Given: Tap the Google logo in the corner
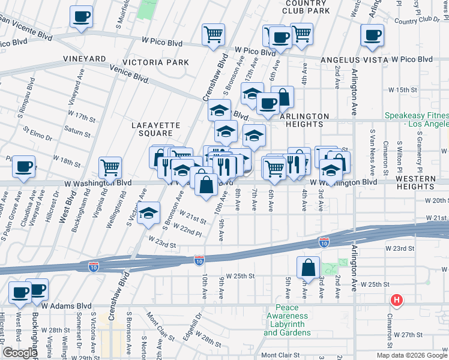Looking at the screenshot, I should tap(20, 353).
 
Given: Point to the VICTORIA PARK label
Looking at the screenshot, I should tap(155, 62).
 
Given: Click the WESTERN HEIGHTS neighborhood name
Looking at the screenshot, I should tap(424, 184).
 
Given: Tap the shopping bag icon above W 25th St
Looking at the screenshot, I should tap(308, 268).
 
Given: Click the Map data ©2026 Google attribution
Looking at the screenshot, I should tap(412, 355).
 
